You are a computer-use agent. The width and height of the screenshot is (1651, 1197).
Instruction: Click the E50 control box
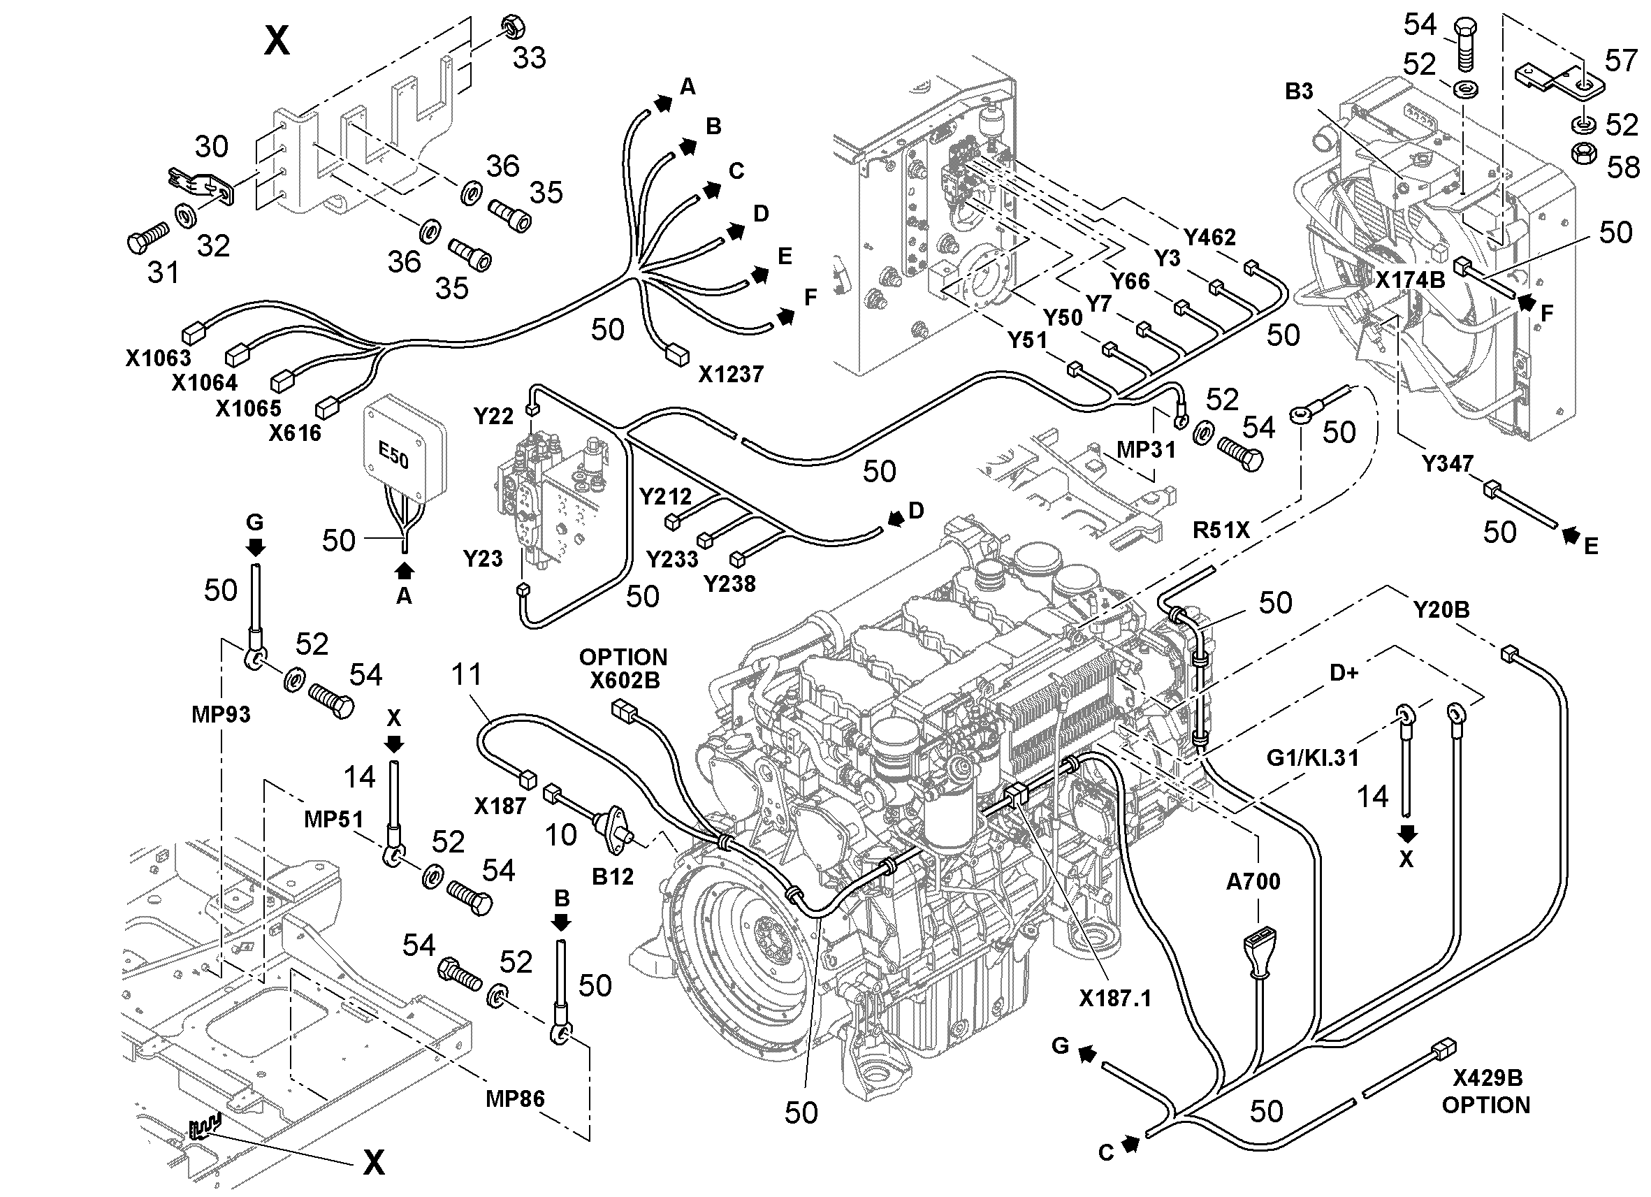click(405, 449)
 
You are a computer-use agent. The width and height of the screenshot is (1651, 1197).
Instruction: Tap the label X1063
click(158, 358)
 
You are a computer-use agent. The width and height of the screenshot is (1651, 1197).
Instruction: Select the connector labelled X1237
click(677, 354)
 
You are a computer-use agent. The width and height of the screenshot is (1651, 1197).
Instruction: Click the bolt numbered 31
click(146, 238)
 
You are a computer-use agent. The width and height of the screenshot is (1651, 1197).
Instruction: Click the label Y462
click(1209, 238)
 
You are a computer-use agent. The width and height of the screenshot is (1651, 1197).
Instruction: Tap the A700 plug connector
click(1258, 955)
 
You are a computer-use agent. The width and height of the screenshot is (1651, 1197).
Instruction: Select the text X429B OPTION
click(1485, 1091)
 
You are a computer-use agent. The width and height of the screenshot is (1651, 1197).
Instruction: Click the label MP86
click(515, 1098)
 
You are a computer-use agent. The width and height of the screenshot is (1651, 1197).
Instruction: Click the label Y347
click(1447, 463)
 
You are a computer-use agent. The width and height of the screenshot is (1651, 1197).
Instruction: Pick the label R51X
click(1221, 530)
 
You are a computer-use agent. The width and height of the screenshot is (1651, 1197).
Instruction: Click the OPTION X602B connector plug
click(625, 709)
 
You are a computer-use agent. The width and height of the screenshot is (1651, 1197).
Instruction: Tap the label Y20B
click(1441, 609)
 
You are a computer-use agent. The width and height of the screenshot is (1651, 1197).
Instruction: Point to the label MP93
click(221, 714)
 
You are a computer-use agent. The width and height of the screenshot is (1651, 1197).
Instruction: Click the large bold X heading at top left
click(277, 41)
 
